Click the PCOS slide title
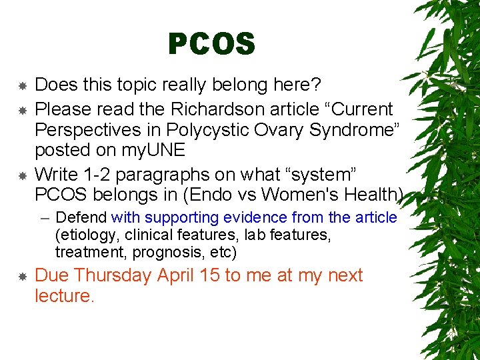211,45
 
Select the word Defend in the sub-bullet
82,218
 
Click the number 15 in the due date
210,275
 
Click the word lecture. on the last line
65,296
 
